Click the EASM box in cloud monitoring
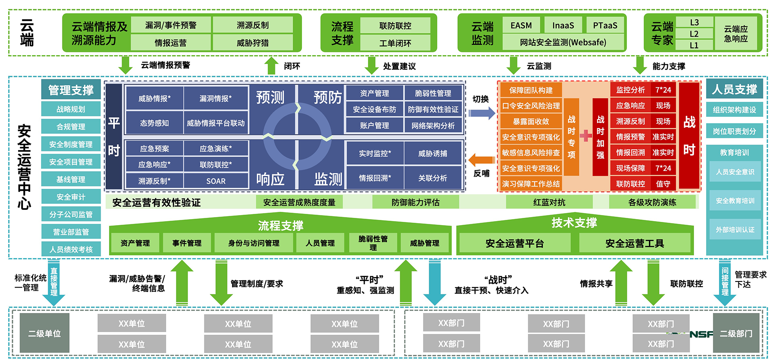521,25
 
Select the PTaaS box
605,25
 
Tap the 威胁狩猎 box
252,43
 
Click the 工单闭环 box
395,43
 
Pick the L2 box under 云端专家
694,34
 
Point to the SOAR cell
216,181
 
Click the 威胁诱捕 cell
432,153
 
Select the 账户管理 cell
374,125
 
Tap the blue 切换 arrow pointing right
482,113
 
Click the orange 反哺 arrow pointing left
482,160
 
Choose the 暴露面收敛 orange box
531,121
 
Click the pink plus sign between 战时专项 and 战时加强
585,136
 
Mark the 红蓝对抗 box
549,202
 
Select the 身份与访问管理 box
254,243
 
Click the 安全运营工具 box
635,243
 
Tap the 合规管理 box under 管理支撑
71,126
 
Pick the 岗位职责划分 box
734,131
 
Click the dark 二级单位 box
44,333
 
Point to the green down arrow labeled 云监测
513,65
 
